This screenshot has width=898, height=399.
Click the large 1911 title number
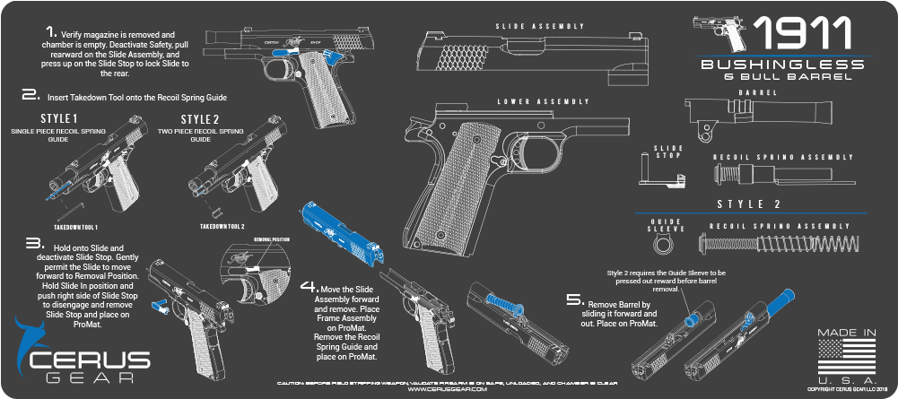[801, 34]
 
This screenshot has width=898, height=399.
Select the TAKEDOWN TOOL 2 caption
[222, 227]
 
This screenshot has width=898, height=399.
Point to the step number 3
[34, 242]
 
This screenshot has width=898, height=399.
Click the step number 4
[308, 288]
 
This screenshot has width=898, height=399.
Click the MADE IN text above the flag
[846, 333]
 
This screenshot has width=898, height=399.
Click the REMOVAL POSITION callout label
[272, 239]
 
